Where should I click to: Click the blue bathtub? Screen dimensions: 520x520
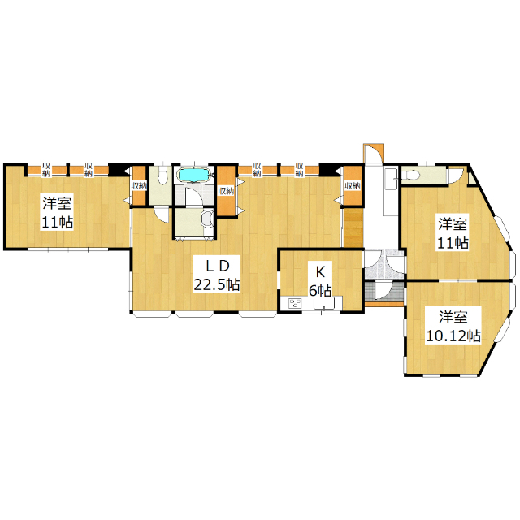pos(193,174)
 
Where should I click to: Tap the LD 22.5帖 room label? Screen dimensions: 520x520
pos(216,275)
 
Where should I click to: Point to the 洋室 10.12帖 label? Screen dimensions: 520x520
pos(453,325)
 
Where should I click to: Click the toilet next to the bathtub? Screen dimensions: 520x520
pos(162,176)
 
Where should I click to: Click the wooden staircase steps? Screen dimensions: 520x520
pos(353,227)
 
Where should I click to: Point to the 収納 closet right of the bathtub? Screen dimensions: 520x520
pos(225,190)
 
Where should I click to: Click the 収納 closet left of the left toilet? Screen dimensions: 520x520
pos(138,184)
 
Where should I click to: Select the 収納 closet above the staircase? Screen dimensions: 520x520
pos(352,184)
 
